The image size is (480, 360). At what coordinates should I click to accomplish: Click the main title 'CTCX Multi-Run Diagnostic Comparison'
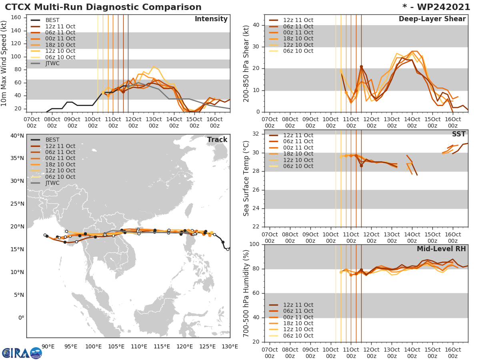click(x=103, y=7)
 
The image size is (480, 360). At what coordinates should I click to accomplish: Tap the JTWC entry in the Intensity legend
click(x=52, y=63)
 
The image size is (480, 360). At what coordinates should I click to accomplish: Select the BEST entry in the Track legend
click(x=53, y=140)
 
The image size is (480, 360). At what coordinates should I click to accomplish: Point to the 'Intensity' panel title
click(x=211, y=19)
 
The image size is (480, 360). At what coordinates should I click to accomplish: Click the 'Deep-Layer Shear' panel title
click(x=432, y=19)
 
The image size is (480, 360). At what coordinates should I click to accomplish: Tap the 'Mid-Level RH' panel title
click(x=441, y=249)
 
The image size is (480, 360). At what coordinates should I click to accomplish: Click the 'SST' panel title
click(x=458, y=134)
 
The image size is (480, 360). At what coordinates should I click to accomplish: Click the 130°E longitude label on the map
click(x=230, y=346)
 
